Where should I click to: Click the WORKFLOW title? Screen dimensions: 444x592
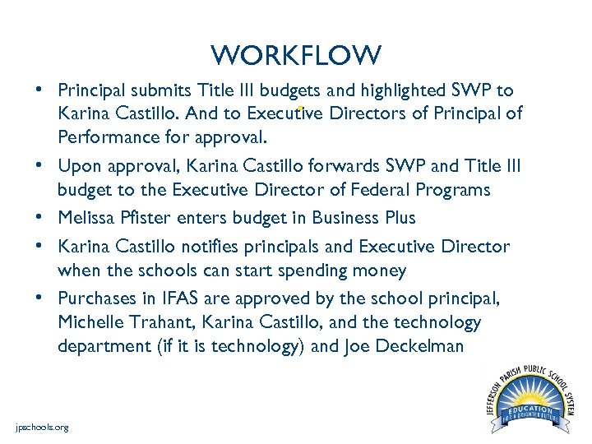[296, 56]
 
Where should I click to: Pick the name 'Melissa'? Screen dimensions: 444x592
[86, 218]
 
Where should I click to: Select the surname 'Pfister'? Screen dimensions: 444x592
[146, 218]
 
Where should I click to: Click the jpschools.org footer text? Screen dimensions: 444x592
[43, 428]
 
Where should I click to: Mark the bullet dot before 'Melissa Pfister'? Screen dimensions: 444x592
[39, 217]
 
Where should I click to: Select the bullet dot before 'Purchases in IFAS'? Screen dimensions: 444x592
[39, 297]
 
